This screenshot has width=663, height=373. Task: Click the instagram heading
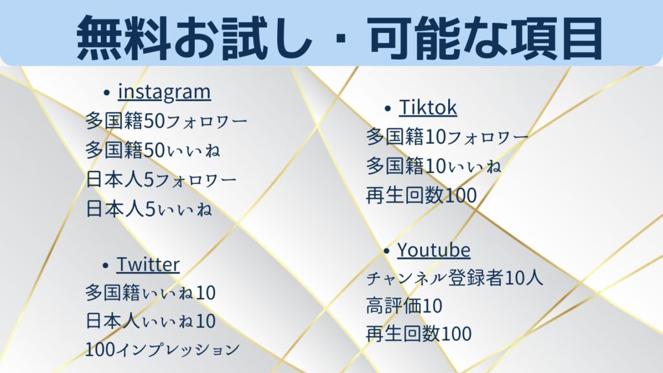(164, 92)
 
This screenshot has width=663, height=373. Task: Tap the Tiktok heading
(428, 107)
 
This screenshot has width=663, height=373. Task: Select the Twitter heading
(148, 264)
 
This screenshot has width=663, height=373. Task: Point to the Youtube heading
(434, 250)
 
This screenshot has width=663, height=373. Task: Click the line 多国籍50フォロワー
(166, 121)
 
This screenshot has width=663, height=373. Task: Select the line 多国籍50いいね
(153, 150)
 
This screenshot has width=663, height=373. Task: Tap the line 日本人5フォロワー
(161, 180)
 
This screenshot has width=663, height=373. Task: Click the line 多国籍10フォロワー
(447, 137)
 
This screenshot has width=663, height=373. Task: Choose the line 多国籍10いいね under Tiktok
(434, 166)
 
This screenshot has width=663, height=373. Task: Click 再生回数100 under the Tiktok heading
(421, 195)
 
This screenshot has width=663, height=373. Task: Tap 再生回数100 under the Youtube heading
(419, 333)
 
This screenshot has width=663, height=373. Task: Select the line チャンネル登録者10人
(455, 278)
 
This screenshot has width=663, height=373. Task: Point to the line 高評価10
(404, 306)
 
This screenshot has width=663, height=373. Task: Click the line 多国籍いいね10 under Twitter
(150, 293)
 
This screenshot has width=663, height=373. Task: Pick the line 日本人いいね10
(150, 321)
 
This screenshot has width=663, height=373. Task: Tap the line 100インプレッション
(163, 349)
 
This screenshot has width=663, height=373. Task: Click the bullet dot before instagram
(107, 93)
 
